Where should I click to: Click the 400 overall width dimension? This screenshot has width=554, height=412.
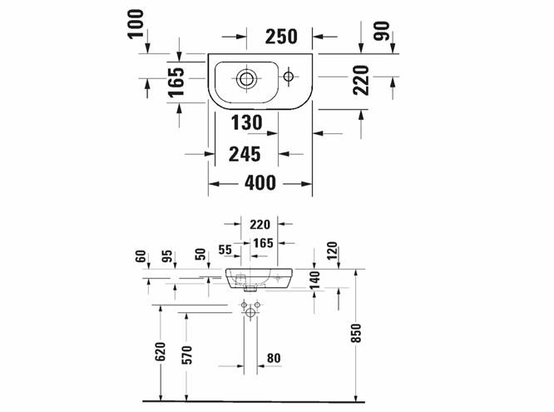coord(260,183)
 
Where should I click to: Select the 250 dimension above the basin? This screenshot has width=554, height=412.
coord(281,37)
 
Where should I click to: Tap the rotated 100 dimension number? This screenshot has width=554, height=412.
coord(136,23)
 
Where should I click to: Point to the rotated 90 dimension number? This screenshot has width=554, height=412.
coord(382,31)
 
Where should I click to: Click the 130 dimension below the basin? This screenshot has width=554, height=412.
coord(246,122)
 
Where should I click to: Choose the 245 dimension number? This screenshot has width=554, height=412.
coord(245,154)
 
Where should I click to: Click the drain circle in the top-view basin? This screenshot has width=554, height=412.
coord(246,78)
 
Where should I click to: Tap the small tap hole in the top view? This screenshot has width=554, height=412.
coord(289,76)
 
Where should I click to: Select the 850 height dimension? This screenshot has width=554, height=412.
coord(357,333)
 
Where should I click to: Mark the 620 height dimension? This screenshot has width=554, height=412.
coord(161,351)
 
